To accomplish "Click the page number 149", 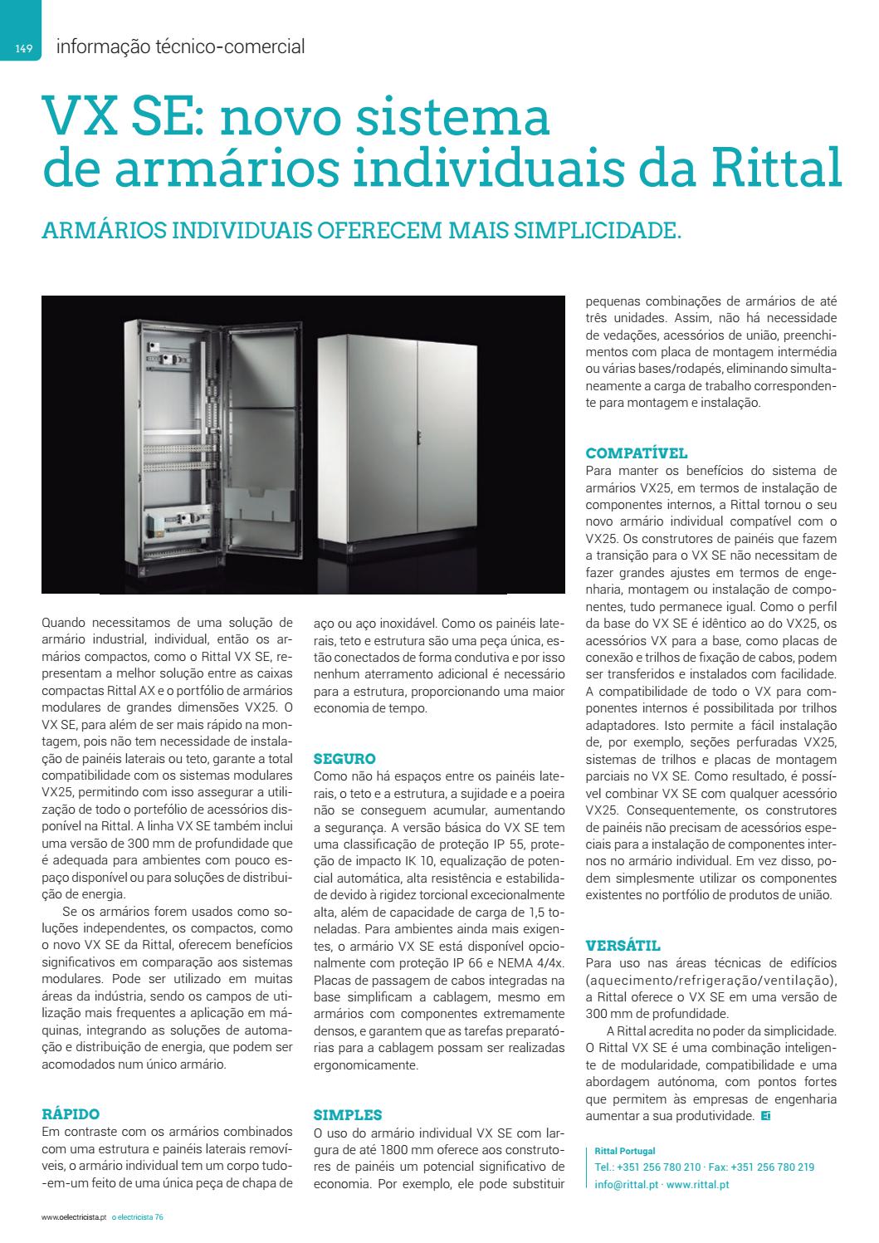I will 23,49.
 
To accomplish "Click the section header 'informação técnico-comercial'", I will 180,47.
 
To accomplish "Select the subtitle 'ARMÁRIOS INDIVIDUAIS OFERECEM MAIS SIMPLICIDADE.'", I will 361,230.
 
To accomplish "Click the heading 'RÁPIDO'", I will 71,1114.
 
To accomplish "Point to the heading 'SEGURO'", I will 344,759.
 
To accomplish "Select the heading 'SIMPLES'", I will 347,1115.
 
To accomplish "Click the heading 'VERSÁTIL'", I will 623,946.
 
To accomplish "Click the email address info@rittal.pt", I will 627,1185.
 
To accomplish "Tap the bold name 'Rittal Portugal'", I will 624,1152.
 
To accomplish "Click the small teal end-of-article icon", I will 764,1116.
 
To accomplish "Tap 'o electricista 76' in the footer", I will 138,1218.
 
